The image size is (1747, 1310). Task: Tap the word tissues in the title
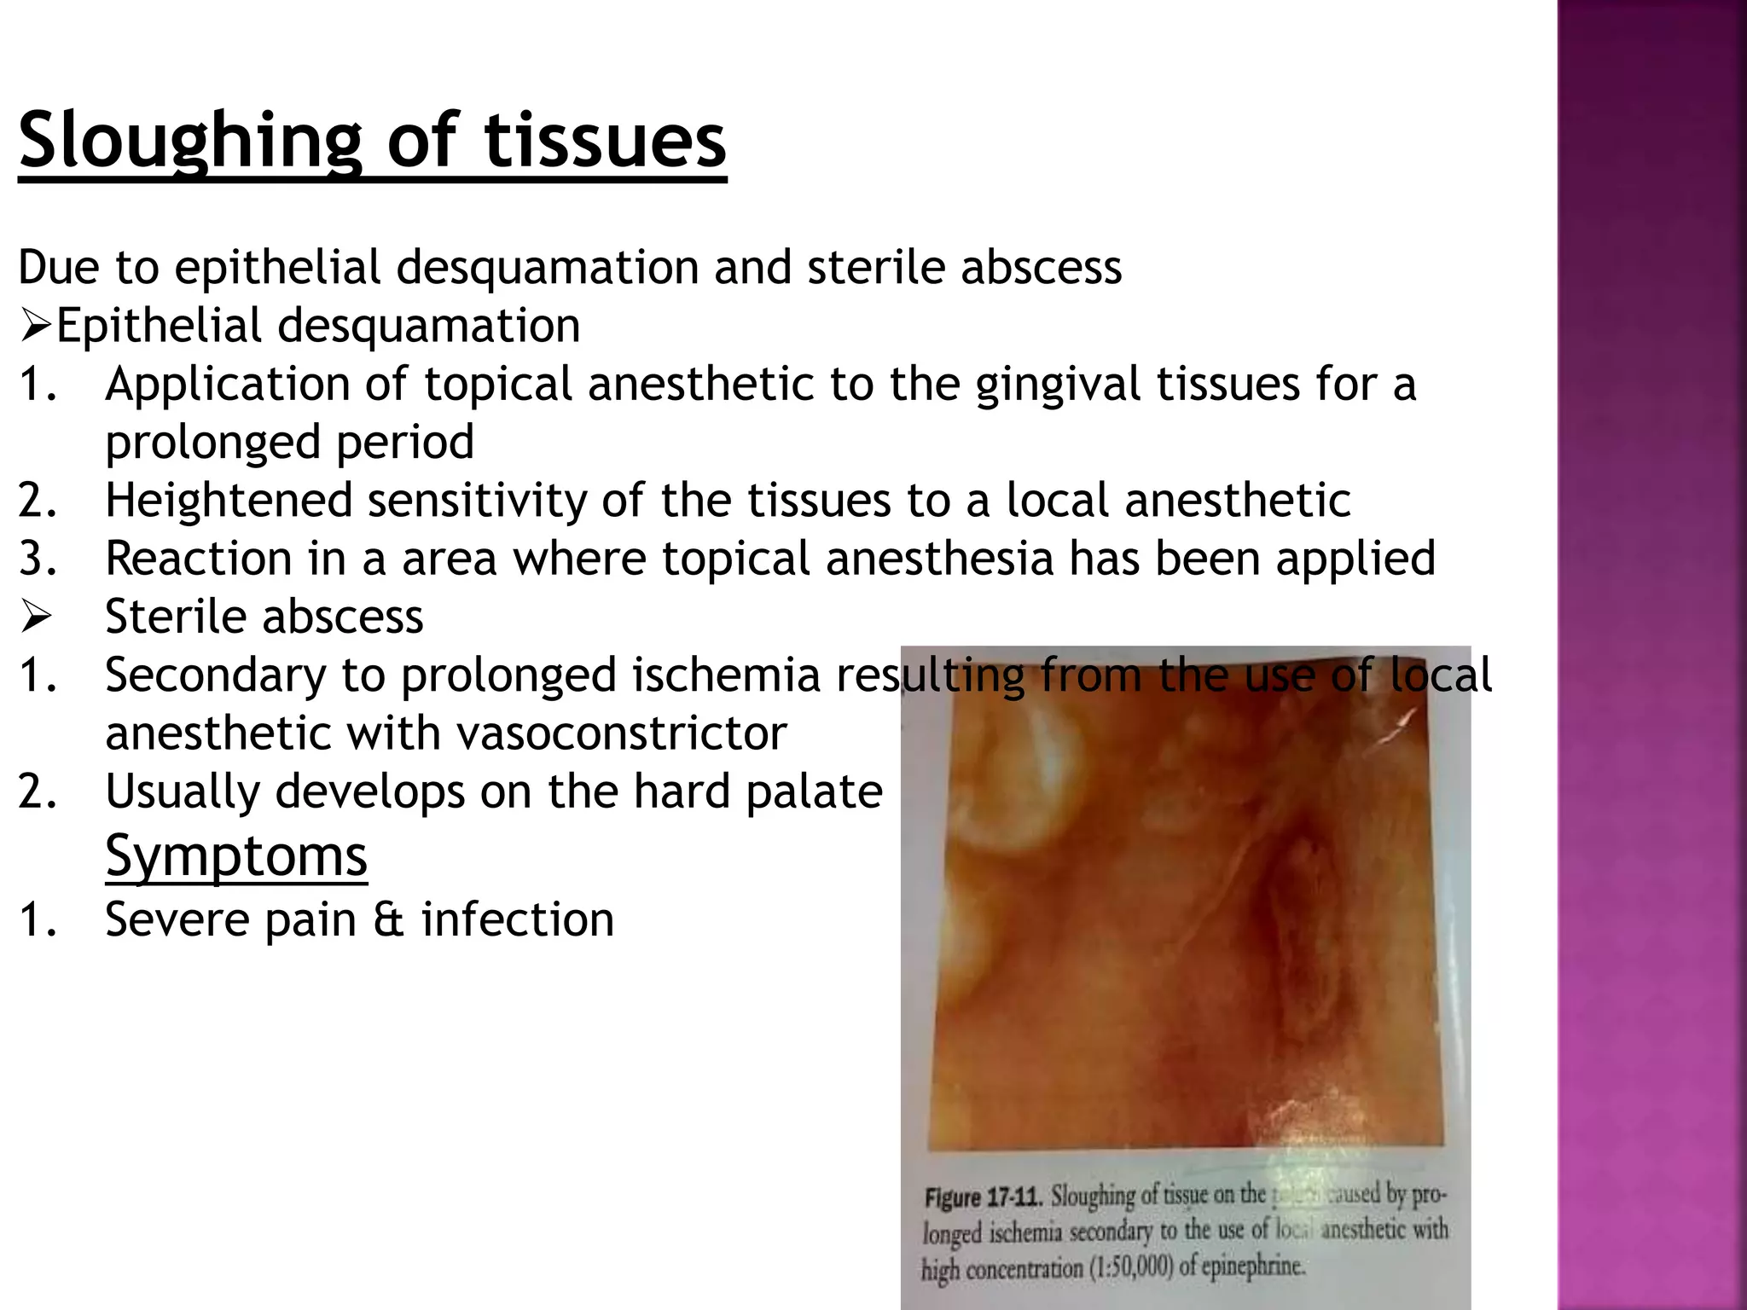click(x=605, y=141)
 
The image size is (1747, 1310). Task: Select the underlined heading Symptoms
click(x=236, y=855)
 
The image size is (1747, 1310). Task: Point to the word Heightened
click(x=229, y=501)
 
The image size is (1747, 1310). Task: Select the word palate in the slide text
click(x=814, y=791)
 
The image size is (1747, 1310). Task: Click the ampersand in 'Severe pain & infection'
click(x=388, y=920)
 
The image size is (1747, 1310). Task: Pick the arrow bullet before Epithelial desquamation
click(x=35, y=327)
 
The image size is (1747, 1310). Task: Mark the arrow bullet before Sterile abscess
click(x=36, y=617)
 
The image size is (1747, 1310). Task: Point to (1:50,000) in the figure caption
click(x=1130, y=1267)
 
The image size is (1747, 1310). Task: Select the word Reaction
click(x=199, y=559)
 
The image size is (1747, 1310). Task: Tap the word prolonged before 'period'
click(x=212, y=443)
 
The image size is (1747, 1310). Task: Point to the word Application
click(x=227, y=385)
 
